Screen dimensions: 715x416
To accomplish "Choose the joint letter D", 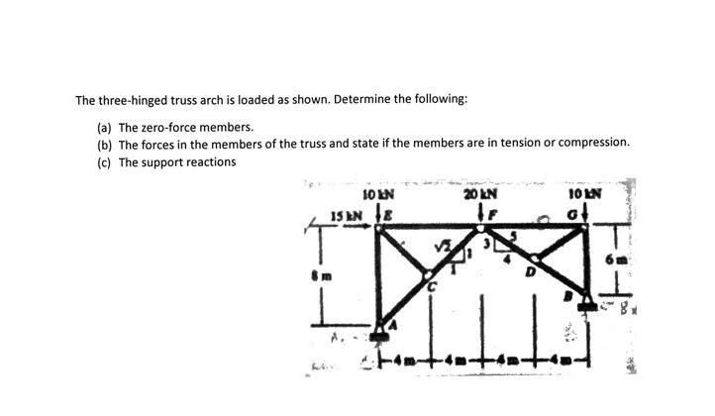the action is (x=532, y=269).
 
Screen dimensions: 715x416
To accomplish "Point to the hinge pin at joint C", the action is (x=429, y=274).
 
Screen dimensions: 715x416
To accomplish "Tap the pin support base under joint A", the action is (x=383, y=339).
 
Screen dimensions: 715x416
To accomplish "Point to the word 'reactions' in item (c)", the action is (x=206, y=161).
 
